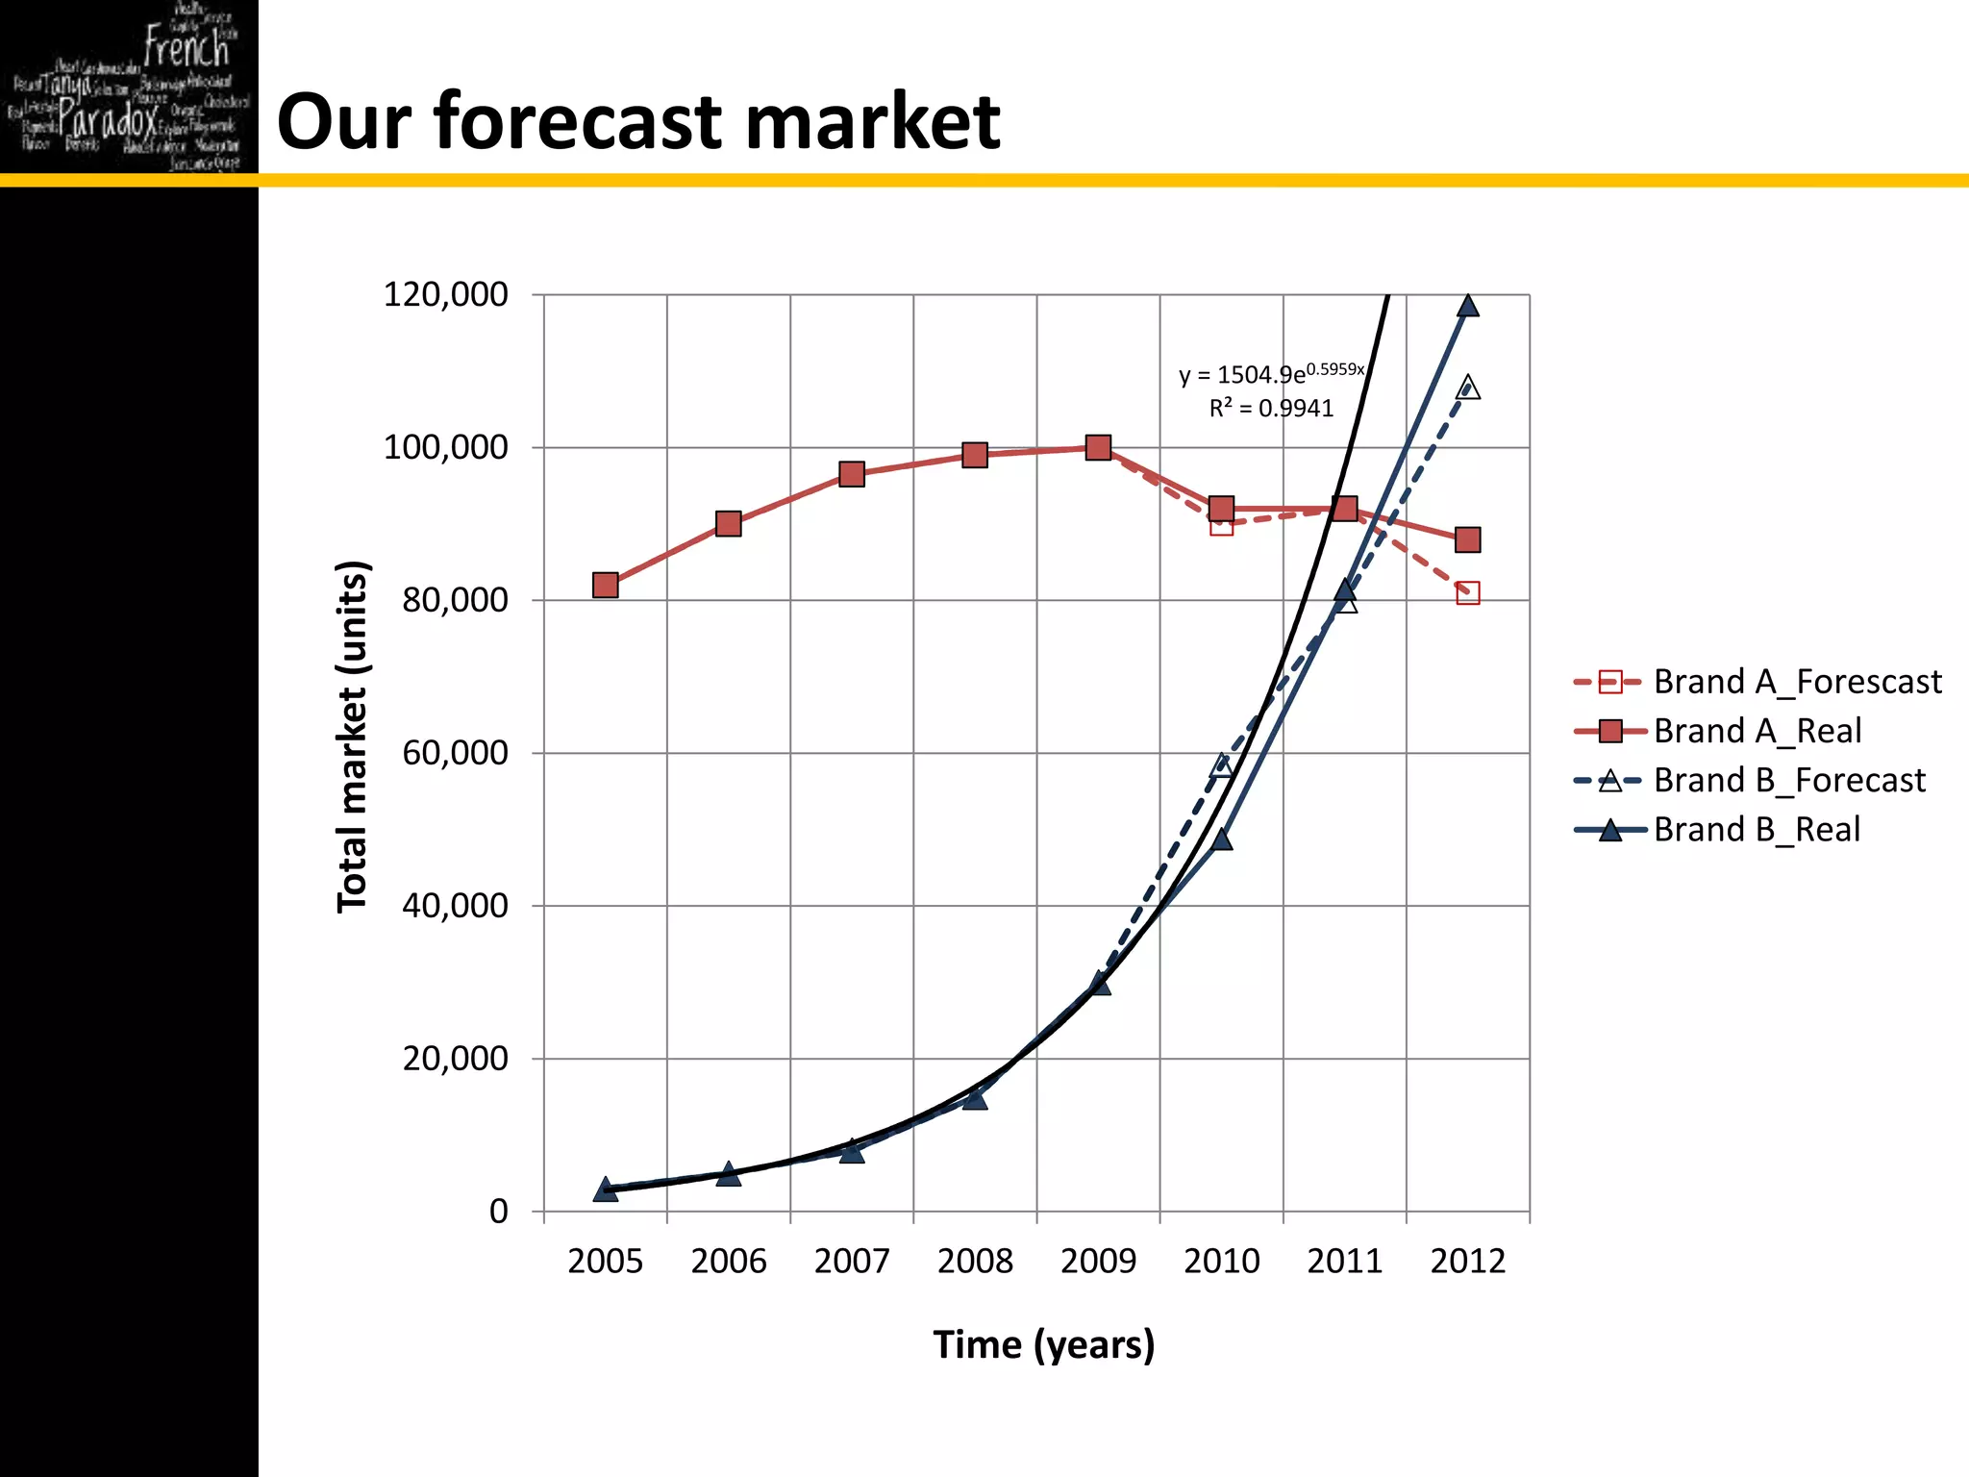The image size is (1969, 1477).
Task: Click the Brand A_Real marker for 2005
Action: [605, 585]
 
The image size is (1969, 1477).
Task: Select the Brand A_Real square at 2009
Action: [1098, 447]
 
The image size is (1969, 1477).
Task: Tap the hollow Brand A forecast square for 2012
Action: [1467, 592]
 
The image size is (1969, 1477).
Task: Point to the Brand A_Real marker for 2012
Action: [1467, 539]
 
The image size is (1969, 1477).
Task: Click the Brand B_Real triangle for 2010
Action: [1221, 839]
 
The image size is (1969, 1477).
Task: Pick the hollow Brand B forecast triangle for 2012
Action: [1467, 388]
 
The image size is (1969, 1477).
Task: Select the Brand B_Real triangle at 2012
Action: [1467, 306]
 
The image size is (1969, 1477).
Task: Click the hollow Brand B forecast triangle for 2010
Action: [1221, 765]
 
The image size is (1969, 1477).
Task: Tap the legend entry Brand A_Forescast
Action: [1796, 682]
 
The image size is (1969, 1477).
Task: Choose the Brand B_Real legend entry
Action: [1756, 829]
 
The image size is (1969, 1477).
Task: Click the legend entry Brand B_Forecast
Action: [1788, 780]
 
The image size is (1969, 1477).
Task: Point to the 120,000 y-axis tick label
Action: [445, 294]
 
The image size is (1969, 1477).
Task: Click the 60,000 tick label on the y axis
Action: [455, 753]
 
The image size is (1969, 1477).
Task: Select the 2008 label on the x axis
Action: [975, 1261]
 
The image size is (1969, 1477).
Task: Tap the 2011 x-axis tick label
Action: [1344, 1261]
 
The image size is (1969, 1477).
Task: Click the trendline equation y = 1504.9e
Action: [1269, 373]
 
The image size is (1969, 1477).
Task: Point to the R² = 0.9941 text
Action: [1271, 409]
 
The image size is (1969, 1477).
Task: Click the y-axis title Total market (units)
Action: [352, 736]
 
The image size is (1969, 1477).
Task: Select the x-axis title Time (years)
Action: [1043, 1344]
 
